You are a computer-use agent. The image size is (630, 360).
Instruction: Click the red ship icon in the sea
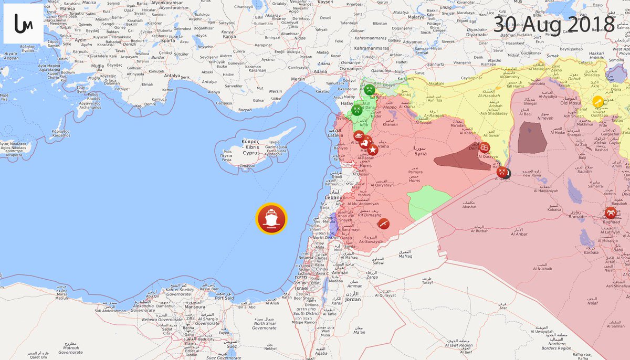271,219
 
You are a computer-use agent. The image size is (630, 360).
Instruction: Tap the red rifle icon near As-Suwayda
384,224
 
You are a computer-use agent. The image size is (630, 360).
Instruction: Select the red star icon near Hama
373,150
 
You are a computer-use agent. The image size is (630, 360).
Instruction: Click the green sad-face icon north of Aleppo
370,89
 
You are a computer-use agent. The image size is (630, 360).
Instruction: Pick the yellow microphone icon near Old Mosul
597,101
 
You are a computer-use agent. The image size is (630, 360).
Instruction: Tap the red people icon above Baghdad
610,213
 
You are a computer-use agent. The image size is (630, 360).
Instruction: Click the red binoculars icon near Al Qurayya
485,147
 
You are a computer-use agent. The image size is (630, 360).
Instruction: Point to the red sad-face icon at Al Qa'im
502,171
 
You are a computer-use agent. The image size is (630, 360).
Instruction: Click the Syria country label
420,153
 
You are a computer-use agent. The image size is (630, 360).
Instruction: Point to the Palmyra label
415,172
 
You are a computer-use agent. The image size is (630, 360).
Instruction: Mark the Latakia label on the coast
337,136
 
